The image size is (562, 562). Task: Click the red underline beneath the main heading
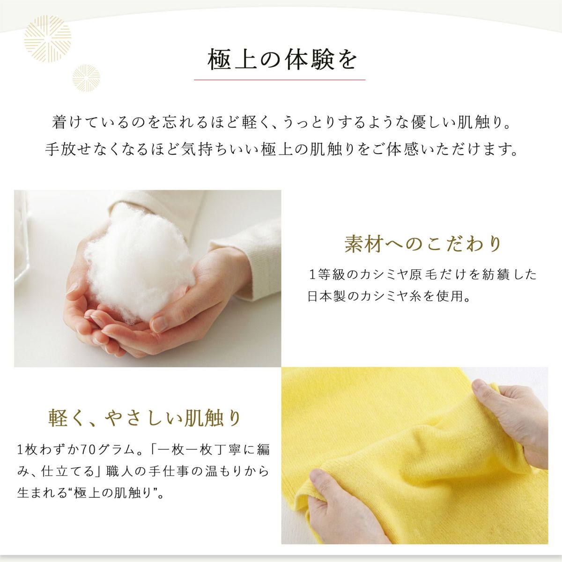coord(280,80)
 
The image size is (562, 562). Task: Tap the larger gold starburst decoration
coord(48,39)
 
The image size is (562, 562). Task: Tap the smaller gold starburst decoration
coord(86,78)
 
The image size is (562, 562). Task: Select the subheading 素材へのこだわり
coord(423,244)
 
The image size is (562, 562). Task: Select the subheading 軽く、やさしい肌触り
coord(144,418)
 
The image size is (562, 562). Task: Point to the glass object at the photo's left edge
coord(22,236)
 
